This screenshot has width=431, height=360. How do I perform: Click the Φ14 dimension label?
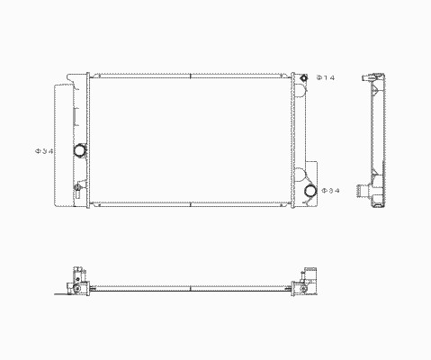326,77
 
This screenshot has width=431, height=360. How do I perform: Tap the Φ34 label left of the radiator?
44,151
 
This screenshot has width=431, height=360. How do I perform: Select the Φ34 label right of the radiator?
330,191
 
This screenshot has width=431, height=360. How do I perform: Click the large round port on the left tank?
80,150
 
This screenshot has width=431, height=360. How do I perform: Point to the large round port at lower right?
310,191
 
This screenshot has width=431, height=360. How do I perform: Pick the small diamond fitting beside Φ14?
304,77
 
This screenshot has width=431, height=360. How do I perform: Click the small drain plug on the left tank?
77,187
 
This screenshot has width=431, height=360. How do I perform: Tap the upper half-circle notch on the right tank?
301,91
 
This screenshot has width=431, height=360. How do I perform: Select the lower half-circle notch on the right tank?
300,175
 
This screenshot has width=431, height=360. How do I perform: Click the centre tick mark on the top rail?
191,76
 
